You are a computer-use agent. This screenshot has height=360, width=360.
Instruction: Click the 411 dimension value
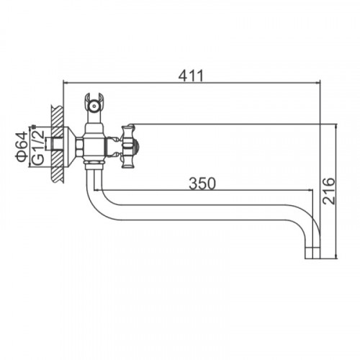(x=191, y=76)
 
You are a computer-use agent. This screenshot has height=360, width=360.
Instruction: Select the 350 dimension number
(x=202, y=184)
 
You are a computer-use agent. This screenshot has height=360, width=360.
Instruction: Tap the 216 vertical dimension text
(x=328, y=191)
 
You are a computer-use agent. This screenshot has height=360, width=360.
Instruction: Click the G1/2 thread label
(x=38, y=147)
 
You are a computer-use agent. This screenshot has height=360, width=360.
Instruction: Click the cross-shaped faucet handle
(x=127, y=146)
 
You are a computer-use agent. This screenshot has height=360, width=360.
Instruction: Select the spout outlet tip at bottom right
(x=312, y=253)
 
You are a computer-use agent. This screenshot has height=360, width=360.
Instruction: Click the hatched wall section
(x=58, y=144)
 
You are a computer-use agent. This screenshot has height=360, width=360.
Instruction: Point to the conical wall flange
(x=70, y=146)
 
